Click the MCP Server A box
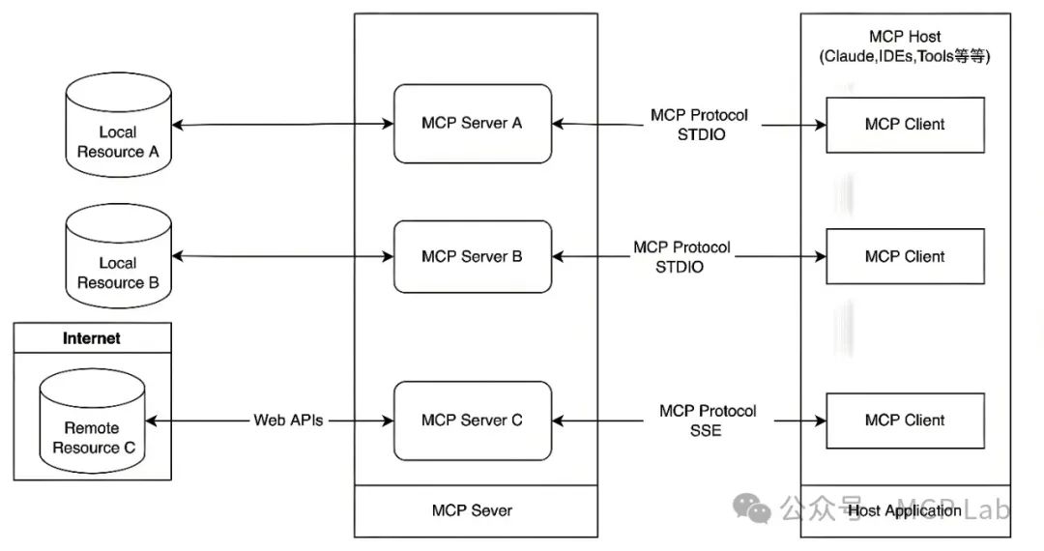pyautogui.click(x=472, y=124)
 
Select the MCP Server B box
pyautogui.click(x=472, y=256)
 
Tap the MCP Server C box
pyautogui.click(x=472, y=420)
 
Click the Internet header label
pyautogui.click(x=92, y=338)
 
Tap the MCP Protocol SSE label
pyautogui.click(x=708, y=420)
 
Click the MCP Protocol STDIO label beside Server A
pyautogui.click(x=699, y=125)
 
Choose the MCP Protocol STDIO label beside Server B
pyautogui.click(x=681, y=257)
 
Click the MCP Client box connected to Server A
pyautogui.click(x=905, y=124)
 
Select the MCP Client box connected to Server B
pyautogui.click(x=905, y=256)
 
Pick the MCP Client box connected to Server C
pyautogui.click(x=905, y=420)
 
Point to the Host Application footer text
pyautogui.click(x=904, y=510)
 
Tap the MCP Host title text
pyautogui.click(x=905, y=37)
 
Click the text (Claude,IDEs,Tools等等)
pyautogui.click(x=905, y=56)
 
